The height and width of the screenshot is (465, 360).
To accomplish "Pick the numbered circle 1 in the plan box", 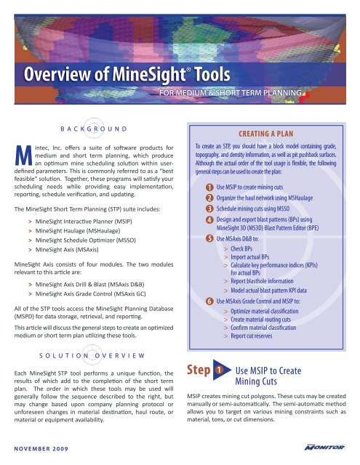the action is [209, 187].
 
